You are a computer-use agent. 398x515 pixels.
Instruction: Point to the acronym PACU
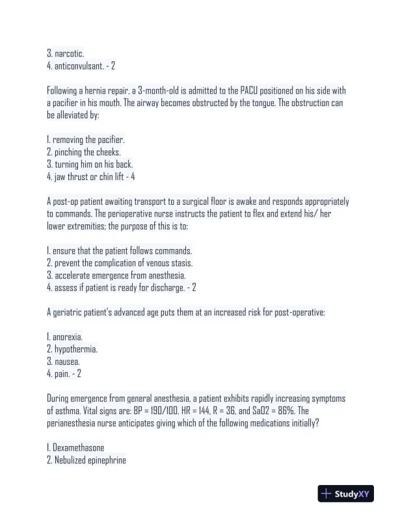point(258,90)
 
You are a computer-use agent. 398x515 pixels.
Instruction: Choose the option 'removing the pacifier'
point(88,140)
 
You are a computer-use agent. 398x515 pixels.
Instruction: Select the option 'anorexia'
point(68,337)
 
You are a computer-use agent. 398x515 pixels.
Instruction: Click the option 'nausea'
point(66,362)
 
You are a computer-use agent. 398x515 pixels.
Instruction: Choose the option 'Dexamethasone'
point(79,448)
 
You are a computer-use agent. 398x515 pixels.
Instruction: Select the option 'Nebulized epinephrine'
point(90,460)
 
